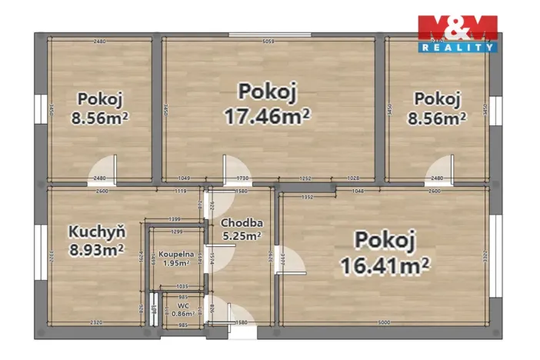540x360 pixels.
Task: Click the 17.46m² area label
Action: pyautogui.click(x=266, y=116)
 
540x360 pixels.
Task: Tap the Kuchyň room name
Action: pyautogui.click(x=92, y=231)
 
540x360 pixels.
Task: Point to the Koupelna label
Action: pyautogui.click(x=176, y=253)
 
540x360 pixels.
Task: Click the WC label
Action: pyautogui.click(x=183, y=305)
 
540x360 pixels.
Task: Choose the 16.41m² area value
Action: pyautogui.click(x=384, y=265)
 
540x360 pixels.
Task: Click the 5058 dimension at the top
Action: pyautogui.click(x=268, y=42)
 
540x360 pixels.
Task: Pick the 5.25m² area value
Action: pyautogui.click(x=241, y=236)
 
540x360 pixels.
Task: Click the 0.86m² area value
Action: pyautogui.click(x=183, y=313)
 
